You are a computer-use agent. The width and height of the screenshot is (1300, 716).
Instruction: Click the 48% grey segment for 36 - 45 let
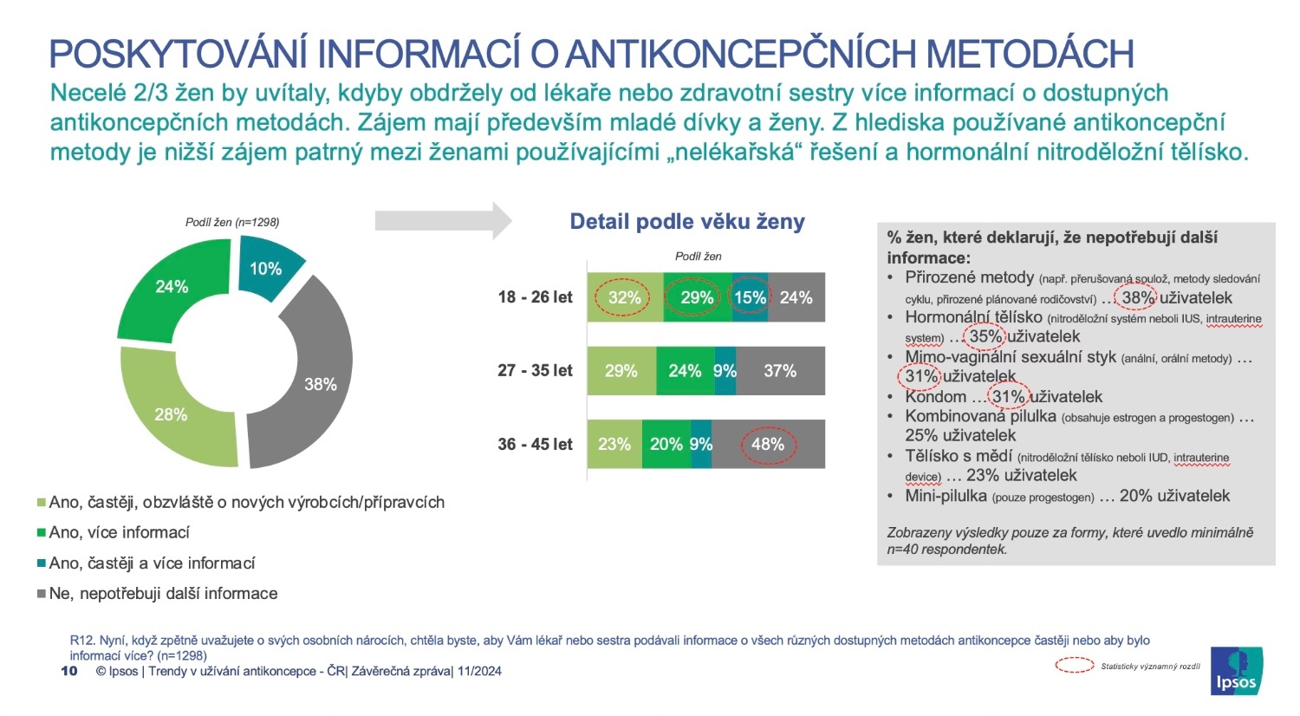click(768, 444)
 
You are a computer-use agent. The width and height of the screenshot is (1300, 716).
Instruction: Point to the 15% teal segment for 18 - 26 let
click(750, 297)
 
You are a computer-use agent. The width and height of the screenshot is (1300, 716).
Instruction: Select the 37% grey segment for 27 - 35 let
click(780, 371)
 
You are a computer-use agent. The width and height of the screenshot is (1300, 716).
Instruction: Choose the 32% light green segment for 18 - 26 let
click(624, 297)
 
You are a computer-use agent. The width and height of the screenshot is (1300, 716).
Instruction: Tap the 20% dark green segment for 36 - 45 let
click(666, 444)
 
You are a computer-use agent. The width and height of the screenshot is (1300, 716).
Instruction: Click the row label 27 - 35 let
click(535, 371)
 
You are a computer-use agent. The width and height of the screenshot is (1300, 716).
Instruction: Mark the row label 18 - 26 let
click(535, 297)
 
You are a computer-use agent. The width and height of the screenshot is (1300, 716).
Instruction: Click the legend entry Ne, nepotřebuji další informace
click(163, 594)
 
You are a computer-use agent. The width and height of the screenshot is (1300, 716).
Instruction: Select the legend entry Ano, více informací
click(119, 532)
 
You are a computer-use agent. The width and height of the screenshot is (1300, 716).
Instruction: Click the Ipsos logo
click(1236, 670)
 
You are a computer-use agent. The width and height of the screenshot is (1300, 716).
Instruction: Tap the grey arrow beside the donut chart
click(443, 220)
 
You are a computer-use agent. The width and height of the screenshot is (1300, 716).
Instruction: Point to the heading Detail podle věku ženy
click(687, 222)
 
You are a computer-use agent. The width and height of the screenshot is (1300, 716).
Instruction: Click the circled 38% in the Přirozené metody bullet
click(1137, 297)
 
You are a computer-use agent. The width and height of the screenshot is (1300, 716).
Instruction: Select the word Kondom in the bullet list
click(935, 397)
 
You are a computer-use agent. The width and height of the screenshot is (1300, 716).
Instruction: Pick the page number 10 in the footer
click(69, 671)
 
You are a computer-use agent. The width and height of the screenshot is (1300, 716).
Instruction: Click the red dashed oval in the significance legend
click(1074, 666)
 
